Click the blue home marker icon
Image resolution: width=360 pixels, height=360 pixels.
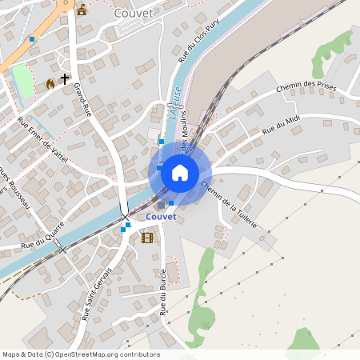pyautogui.click(x=180, y=173)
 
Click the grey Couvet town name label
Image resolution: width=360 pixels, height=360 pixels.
pyautogui.click(x=133, y=13)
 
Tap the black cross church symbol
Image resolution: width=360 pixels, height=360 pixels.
pyautogui.click(x=65, y=80)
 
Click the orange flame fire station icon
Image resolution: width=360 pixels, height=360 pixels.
pyautogui.click(x=50, y=83)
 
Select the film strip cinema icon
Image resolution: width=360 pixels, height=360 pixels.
pyautogui.click(x=146, y=237)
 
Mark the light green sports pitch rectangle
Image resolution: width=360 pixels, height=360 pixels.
pyautogui.click(x=22, y=82)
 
